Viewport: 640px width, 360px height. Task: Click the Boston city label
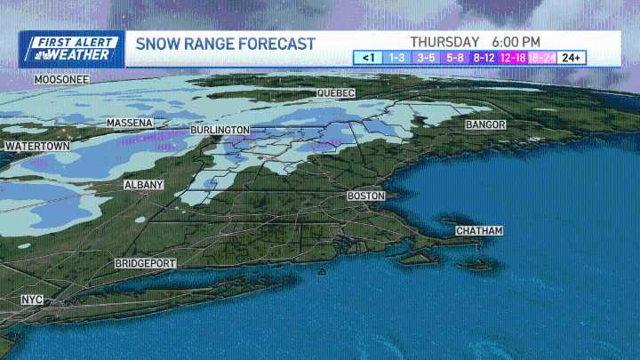click(x=365, y=196)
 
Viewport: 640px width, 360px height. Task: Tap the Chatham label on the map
click(x=479, y=231)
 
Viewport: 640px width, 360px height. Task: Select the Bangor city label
click(x=485, y=125)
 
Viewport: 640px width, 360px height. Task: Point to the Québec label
click(x=336, y=93)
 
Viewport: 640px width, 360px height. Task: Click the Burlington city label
click(x=220, y=130)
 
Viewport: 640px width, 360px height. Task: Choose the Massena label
click(x=129, y=123)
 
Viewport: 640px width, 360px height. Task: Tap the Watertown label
click(x=36, y=146)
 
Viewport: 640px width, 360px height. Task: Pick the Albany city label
click(x=144, y=185)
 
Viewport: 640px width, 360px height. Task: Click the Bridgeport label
click(x=146, y=264)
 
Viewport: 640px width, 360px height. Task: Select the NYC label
click(x=32, y=300)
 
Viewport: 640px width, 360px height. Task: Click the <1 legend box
click(x=368, y=58)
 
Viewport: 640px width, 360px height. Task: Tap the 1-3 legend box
click(x=396, y=58)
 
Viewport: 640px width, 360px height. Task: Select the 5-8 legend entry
click(x=455, y=58)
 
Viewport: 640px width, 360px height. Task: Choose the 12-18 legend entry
click(x=513, y=58)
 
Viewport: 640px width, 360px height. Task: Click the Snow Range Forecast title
click(x=225, y=44)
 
